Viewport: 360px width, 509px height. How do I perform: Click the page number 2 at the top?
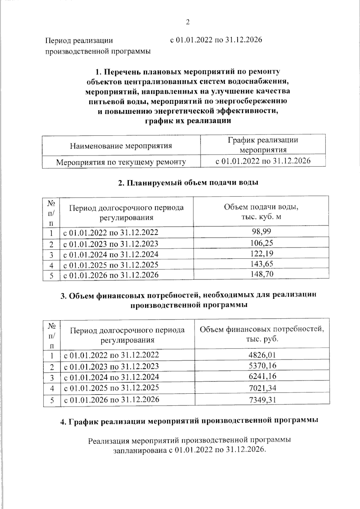tap(188, 22)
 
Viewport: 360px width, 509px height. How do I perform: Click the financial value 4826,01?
tap(262, 355)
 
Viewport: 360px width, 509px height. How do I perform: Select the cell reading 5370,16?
tap(262, 366)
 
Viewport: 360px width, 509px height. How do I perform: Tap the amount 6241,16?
tap(262, 376)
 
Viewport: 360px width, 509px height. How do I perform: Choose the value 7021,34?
tap(262, 388)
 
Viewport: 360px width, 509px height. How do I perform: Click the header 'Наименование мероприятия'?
tap(121, 146)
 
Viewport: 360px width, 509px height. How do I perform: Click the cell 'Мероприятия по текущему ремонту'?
tap(121, 162)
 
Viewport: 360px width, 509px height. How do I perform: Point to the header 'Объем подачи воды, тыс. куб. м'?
tap(261, 211)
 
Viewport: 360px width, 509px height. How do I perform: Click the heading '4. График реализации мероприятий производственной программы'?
tap(189, 421)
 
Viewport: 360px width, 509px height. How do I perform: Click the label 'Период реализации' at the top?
tap(79, 41)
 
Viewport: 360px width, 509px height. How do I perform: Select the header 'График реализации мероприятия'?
tap(263, 145)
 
